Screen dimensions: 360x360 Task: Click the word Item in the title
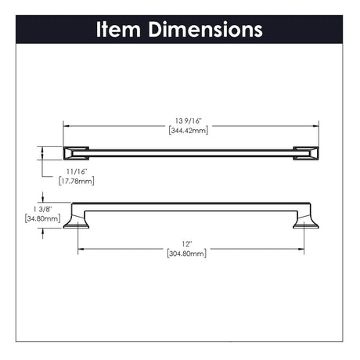coord(118,29)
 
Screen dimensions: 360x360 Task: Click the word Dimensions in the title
coord(205,29)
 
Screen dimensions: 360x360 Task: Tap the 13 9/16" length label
coord(189,121)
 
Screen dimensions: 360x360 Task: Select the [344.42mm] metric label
coord(189,131)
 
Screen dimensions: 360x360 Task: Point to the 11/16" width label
coord(77,171)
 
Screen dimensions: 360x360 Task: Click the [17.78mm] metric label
coord(77,181)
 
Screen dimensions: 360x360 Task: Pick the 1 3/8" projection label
coord(43,209)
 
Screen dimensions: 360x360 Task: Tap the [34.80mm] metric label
coord(42,218)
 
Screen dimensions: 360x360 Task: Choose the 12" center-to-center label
coord(187,244)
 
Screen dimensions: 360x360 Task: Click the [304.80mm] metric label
coord(186,254)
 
